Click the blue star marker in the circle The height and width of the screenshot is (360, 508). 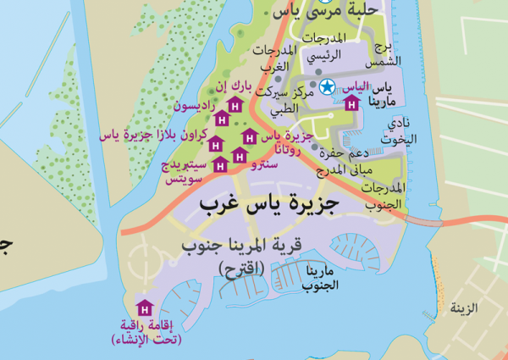(x=327, y=86)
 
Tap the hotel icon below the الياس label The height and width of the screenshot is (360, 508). (x=352, y=104)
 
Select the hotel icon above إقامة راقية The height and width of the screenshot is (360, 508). (x=143, y=306)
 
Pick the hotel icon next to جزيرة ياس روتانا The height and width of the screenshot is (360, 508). (x=249, y=136)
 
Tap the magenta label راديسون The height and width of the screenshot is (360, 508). (x=194, y=107)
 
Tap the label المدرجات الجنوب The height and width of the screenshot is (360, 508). (x=386, y=195)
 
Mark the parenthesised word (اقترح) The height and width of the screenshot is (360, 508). (x=242, y=268)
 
